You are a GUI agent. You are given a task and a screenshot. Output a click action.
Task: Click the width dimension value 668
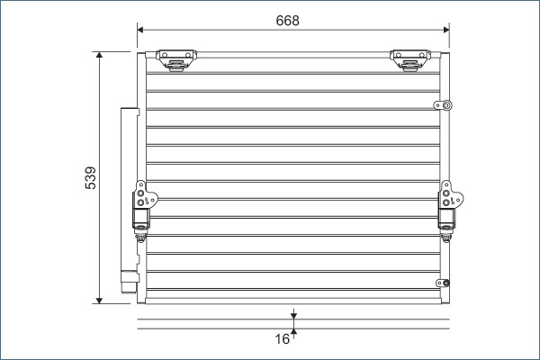(288, 20)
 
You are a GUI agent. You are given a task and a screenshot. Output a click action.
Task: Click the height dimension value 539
(90, 178)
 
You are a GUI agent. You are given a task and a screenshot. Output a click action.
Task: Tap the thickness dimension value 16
(282, 339)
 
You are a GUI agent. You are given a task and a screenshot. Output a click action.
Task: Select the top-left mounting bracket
(175, 60)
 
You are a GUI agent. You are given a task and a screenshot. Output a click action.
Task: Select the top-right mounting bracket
(409, 60)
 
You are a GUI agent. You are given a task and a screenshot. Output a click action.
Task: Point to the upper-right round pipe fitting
(444, 105)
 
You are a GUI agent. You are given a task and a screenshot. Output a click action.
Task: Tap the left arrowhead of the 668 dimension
(141, 30)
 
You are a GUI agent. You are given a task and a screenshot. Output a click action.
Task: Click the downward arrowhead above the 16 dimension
(293, 315)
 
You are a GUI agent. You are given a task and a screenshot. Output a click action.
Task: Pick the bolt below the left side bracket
(140, 238)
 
